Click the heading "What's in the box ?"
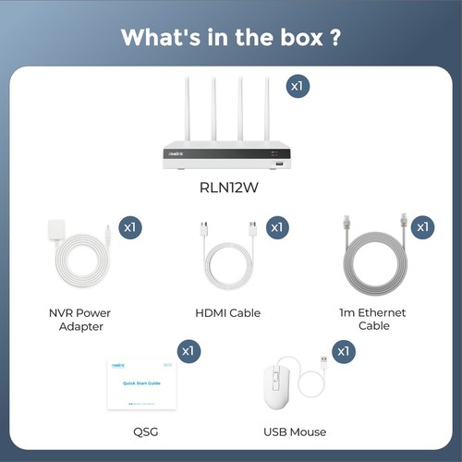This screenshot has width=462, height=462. click(230, 39)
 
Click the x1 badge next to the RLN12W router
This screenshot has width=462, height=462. click(297, 86)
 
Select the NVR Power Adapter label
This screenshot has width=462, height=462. click(79, 319)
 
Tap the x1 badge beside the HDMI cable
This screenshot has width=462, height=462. click(276, 226)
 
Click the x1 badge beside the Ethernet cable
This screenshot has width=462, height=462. click(422, 226)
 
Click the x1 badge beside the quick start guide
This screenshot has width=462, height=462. click(188, 351)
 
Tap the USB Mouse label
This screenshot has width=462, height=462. click(295, 432)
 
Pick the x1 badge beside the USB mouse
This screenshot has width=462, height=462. click(344, 351)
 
